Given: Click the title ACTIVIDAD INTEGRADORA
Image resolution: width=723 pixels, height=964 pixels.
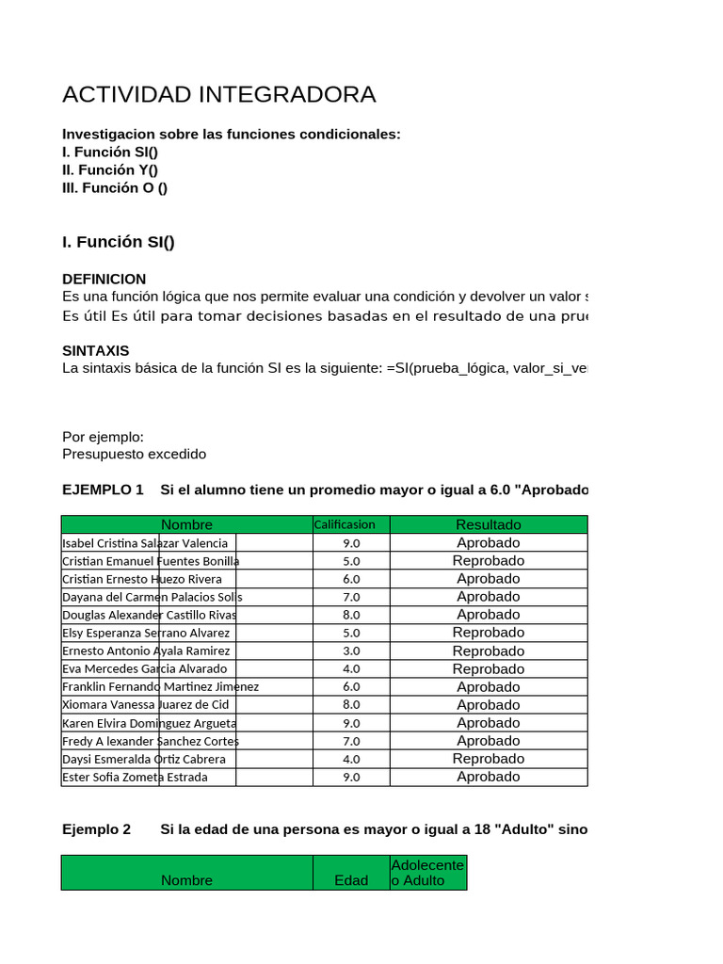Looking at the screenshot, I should pyautogui.click(x=218, y=94).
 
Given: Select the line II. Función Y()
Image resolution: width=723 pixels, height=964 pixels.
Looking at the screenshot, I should pyautogui.click(x=110, y=169).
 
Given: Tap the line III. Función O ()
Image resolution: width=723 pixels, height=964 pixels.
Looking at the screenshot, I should pyautogui.click(x=115, y=187).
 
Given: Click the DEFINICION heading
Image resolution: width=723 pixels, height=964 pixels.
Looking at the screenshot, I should pyautogui.click(x=104, y=279).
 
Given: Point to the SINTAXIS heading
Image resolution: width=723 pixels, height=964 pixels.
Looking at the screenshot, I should pyautogui.click(x=95, y=350).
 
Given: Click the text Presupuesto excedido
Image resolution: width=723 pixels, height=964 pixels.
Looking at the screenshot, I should pyautogui.click(x=134, y=454).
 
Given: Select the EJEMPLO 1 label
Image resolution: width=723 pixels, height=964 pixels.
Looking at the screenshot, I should pyautogui.click(x=103, y=490).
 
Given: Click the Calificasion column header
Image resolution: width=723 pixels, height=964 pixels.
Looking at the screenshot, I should pyautogui.click(x=344, y=524).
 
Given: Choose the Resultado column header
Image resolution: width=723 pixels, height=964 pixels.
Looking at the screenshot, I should pyautogui.click(x=488, y=524).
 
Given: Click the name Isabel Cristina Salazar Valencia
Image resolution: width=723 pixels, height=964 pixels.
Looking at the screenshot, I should pyautogui.click(x=145, y=543).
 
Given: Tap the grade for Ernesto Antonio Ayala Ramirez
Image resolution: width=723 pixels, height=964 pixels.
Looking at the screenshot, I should pyautogui.click(x=351, y=651).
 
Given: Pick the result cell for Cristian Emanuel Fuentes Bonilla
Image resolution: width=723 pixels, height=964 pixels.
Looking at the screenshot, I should pyautogui.click(x=488, y=561).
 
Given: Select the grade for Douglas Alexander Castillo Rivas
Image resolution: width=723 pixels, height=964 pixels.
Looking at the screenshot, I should pyautogui.click(x=351, y=615).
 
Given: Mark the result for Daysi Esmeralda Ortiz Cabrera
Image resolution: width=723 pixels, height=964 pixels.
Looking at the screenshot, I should pyautogui.click(x=488, y=759).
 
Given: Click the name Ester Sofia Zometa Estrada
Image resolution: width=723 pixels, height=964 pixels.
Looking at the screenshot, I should pyautogui.click(x=135, y=777).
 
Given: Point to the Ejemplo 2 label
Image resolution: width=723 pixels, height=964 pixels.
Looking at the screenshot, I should pyautogui.click(x=96, y=829).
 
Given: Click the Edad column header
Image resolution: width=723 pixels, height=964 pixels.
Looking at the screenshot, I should pyautogui.click(x=351, y=880).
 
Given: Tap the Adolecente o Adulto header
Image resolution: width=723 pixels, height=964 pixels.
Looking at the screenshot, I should pyautogui.click(x=427, y=873).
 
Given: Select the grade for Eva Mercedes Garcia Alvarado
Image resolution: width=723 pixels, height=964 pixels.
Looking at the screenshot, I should pyautogui.click(x=351, y=668).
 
